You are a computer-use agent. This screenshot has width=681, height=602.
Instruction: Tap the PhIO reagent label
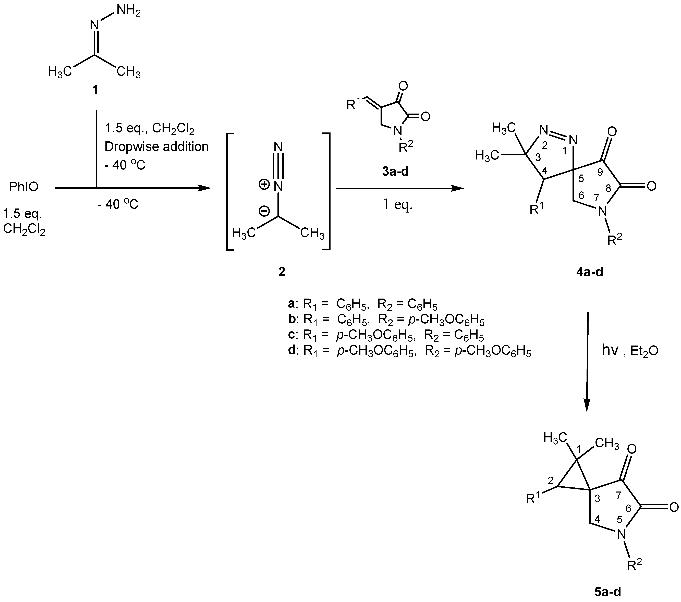(24, 187)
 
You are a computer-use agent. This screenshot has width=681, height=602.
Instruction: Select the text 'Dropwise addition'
(156, 147)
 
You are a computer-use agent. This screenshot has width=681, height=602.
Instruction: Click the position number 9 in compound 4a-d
(600, 172)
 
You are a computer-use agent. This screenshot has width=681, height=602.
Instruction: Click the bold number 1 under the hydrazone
(95, 90)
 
